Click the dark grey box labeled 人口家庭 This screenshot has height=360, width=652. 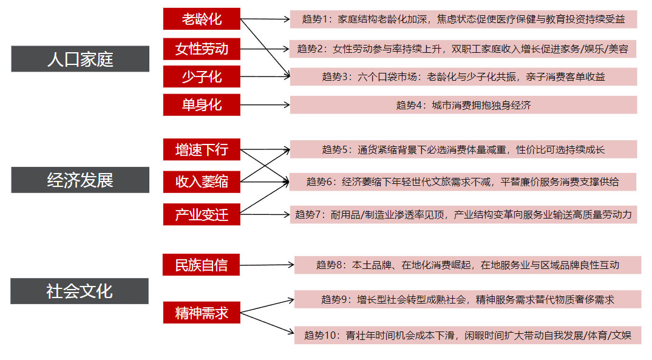click(x=80, y=59)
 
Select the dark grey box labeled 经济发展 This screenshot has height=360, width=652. click(x=80, y=180)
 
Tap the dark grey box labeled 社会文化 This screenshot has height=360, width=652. click(x=80, y=291)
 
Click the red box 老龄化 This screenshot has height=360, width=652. click(x=202, y=19)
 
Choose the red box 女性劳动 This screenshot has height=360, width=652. click(x=202, y=49)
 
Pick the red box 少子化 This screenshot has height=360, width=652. click(x=202, y=76)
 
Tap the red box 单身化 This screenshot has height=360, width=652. click(x=202, y=105)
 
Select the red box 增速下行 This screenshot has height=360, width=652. click(x=202, y=149)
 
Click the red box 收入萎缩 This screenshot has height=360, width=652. click(x=202, y=182)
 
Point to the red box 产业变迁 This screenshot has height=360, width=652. click(x=202, y=214)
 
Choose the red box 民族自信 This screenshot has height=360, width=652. click(x=202, y=265)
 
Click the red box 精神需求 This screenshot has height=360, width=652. click(x=202, y=313)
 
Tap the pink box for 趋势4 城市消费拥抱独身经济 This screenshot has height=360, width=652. click(x=463, y=105)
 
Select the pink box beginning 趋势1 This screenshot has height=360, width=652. click(x=463, y=19)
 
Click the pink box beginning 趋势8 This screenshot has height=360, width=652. click(x=468, y=265)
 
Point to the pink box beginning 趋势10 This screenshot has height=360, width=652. click(x=468, y=335)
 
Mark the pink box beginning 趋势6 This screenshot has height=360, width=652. click(x=463, y=182)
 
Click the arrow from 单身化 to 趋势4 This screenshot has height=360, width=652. click(x=265, y=105)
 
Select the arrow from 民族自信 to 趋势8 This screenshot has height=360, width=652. click(x=267, y=265)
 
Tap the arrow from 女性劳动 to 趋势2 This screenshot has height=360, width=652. click(x=265, y=49)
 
